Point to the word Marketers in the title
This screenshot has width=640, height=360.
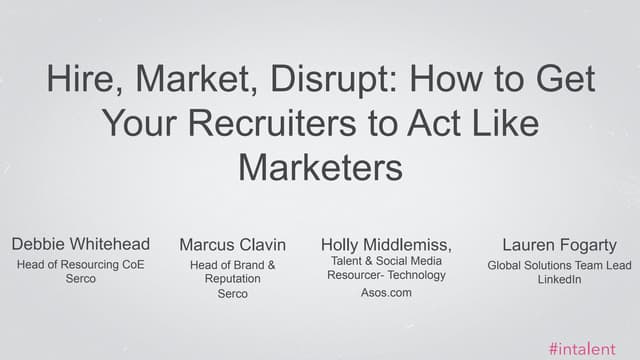[320, 165]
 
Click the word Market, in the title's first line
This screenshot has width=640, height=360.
[189, 79]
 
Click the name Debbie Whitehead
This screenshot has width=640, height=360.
[81, 244]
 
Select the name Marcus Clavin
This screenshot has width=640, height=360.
[233, 245]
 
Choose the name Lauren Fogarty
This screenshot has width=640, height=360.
[559, 245]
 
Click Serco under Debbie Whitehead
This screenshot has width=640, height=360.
[80, 279]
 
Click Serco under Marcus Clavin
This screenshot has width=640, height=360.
[233, 294]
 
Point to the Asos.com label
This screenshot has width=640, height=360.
[386, 293]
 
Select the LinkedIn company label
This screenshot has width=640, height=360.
[559, 279]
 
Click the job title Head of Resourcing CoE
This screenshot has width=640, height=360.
[81, 265]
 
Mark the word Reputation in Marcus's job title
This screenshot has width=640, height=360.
[233, 279]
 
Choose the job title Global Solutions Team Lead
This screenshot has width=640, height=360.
[559, 265]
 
